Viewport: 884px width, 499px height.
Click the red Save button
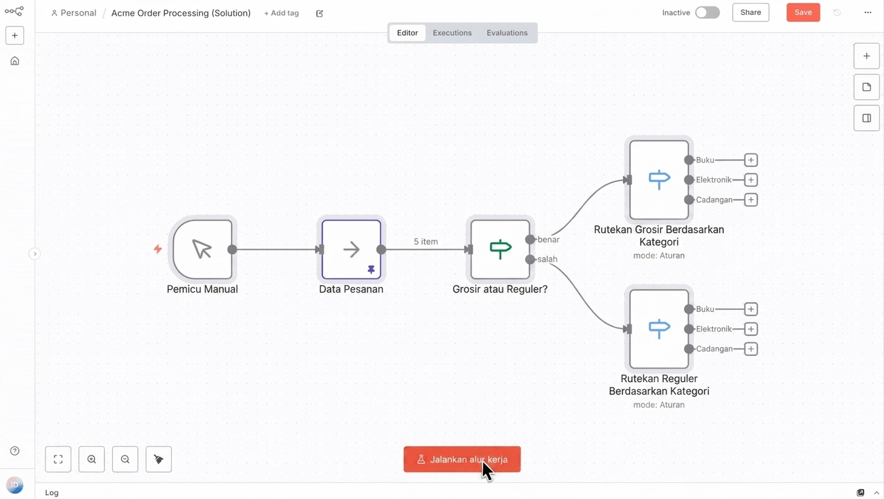[x=803, y=12]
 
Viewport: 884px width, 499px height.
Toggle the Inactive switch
[x=707, y=12]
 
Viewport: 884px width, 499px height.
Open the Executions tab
[x=452, y=32]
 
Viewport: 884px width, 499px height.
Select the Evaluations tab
[x=507, y=32]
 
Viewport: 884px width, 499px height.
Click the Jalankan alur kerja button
[x=461, y=459]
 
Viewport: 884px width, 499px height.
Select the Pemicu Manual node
[x=203, y=249]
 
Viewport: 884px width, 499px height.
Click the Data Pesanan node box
[x=351, y=249]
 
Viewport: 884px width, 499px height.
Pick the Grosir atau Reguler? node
[x=500, y=249]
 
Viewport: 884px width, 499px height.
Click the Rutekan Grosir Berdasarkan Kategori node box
[x=659, y=180]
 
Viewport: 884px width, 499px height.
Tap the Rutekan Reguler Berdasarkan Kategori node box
[x=659, y=329]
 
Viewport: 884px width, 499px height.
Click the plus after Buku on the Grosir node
[x=750, y=160]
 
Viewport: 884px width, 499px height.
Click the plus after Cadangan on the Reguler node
[x=750, y=349]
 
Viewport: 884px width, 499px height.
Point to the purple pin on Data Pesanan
[x=371, y=270]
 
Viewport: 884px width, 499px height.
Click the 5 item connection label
[x=425, y=242]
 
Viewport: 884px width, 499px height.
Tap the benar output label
[x=548, y=239]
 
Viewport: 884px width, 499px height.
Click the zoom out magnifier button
[x=125, y=459]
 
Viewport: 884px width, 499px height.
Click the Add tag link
[x=282, y=13]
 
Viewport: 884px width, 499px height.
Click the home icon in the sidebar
[x=14, y=61]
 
